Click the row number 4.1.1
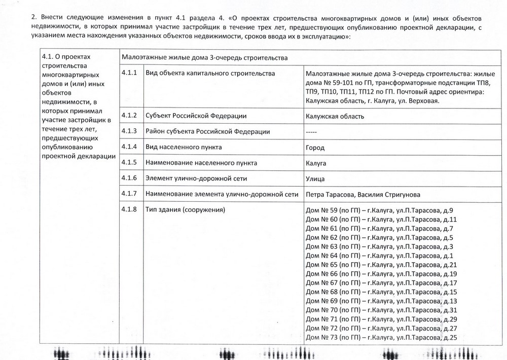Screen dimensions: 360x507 point(130,74)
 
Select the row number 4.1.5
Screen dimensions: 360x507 point(130,163)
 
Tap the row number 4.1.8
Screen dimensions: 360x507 point(130,210)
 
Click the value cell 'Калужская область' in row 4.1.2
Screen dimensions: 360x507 point(335,116)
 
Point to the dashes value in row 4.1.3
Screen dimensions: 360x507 point(312,132)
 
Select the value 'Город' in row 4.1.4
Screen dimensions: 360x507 point(315,148)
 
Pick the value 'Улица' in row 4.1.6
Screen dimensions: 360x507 point(315,179)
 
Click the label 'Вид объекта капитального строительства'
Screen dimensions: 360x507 point(210,74)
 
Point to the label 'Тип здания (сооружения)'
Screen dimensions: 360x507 point(185,210)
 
